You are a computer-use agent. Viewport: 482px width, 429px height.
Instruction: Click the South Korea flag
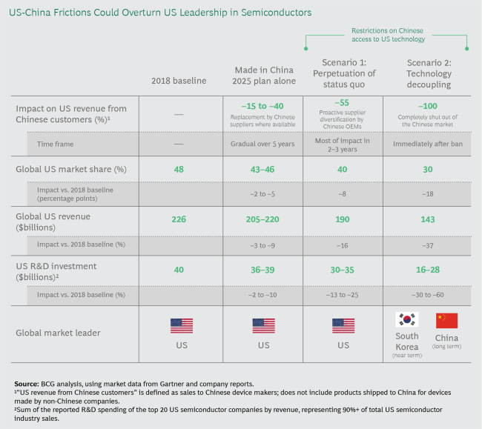[405, 320]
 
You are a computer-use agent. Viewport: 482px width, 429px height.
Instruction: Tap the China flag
[446, 320]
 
